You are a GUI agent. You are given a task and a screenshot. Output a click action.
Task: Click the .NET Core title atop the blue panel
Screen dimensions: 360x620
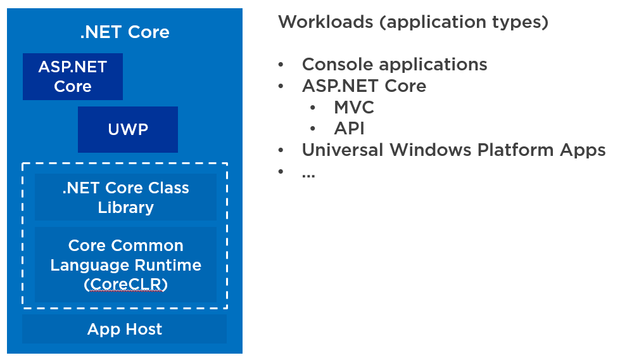click(x=125, y=32)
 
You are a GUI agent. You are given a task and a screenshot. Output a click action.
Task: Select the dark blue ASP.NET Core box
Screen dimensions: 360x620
click(x=73, y=77)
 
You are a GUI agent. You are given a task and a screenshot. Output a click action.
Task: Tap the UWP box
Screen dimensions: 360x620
click(x=127, y=130)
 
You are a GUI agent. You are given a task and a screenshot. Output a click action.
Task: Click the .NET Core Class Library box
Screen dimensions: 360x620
click(x=125, y=198)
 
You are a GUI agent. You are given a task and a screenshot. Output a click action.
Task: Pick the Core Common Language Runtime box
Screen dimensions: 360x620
click(x=125, y=264)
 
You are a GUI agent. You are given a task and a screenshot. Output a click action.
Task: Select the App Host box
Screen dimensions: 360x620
click(x=125, y=329)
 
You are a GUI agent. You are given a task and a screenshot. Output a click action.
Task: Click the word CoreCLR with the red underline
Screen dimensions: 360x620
click(x=125, y=285)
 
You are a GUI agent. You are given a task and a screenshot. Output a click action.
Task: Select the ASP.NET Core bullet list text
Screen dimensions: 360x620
click(x=364, y=86)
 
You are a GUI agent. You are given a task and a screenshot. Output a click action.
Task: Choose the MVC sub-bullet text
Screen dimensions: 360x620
click(x=354, y=108)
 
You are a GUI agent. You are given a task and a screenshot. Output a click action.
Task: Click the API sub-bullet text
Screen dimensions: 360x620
click(x=349, y=129)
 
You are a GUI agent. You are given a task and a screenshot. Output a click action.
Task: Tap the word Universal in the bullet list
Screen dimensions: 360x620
click(x=343, y=150)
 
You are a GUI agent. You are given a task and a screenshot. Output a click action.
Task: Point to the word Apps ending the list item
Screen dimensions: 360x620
click(x=583, y=151)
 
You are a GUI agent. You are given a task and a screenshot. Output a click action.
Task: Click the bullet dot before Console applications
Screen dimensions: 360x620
click(x=281, y=65)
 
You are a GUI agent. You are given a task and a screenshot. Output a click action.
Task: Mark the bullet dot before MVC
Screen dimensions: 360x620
click(x=313, y=108)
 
